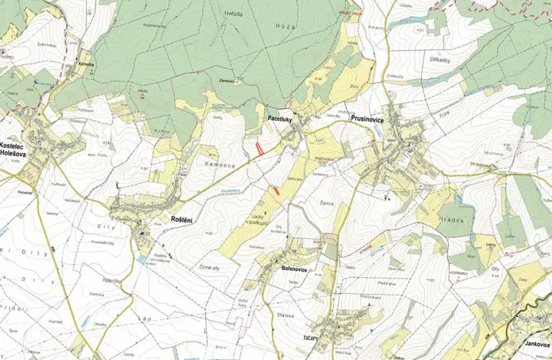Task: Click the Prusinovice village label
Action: [372, 119]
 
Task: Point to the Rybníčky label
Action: [115, 281]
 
